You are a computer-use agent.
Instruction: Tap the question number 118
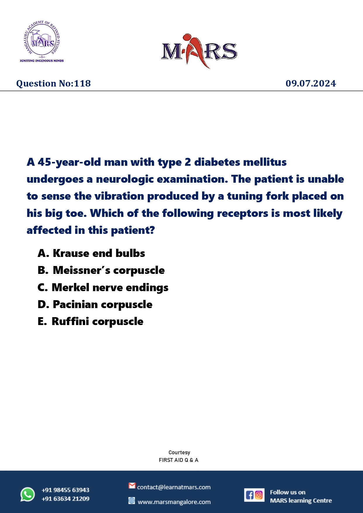[x=54, y=84]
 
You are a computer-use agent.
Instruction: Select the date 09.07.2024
[x=311, y=84]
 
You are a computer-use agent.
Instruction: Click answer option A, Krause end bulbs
[x=91, y=253]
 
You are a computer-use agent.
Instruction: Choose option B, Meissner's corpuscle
[x=101, y=270]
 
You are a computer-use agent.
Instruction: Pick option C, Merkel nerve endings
[x=103, y=288]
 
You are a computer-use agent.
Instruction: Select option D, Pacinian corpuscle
[x=95, y=305]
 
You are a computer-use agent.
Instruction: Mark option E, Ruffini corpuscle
[x=90, y=322]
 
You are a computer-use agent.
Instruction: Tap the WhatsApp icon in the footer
[x=27, y=494]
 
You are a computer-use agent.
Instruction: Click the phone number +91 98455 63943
[x=66, y=490]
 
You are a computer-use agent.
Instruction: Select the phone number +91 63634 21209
[x=66, y=499]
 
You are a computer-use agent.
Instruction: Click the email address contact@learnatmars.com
[x=174, y=487]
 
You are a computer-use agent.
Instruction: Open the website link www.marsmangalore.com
[x=174, y=502]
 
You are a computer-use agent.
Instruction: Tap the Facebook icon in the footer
[x=250, y=495]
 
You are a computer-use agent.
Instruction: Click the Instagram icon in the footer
[x=259, y=495]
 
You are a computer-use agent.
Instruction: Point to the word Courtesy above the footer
[x=179, y=452]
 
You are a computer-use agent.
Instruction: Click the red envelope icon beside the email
[x=132, y=486]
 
